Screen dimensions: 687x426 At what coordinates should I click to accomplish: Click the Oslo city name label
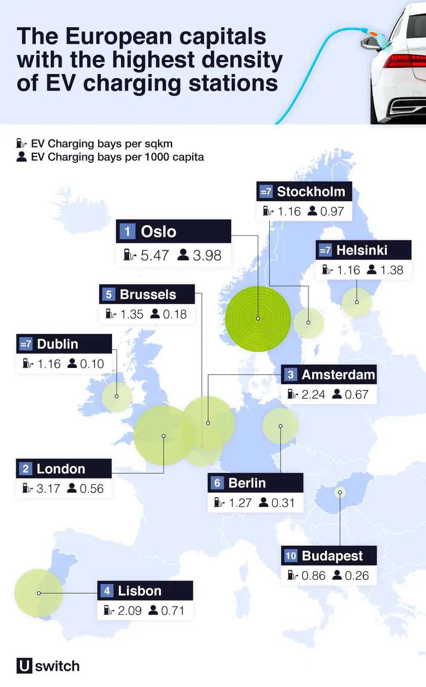tap(158, 232)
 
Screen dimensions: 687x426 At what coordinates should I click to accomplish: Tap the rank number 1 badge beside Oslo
tap(127, 232)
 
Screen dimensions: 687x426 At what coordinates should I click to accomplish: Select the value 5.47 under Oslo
tap(155, 256)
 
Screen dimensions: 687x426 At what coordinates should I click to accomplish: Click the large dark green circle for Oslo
tap(258, 319)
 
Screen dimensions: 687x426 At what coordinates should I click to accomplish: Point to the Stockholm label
tap(311, 192)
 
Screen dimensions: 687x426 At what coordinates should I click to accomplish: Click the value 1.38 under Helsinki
tap(392, 270)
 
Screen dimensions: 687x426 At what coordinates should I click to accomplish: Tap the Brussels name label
tap(148, 295)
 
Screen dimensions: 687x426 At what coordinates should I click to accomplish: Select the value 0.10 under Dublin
tap(92, 364)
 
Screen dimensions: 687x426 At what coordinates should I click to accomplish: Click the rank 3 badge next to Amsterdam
tap(290, 375)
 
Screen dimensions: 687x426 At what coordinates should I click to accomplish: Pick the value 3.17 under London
tap(48, 489)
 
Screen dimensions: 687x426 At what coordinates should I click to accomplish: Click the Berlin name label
tap(247, 483)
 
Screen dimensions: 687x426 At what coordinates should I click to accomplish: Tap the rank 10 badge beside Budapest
tap(290, 556)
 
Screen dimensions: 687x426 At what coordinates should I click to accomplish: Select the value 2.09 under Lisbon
tap(130, 611)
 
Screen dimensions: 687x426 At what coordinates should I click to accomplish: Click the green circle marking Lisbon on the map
tap(39, 593)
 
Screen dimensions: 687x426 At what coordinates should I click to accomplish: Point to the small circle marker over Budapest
tap(340, 492)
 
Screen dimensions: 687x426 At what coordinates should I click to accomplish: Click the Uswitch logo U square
tap(24, 666)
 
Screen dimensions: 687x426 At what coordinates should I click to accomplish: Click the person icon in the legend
tap(21, 157)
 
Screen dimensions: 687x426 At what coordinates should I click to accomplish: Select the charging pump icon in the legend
tap(21, 143)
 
